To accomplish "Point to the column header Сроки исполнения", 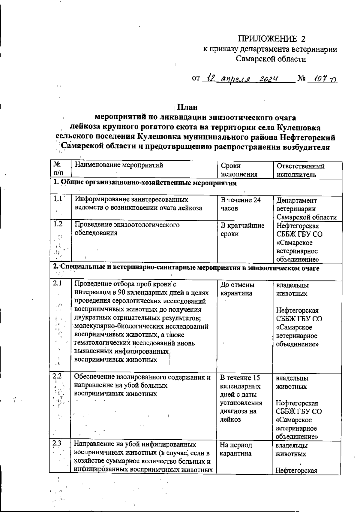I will coord(239,170).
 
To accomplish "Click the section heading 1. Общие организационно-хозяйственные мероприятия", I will coord(145,183).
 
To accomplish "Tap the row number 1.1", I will coord(57,198).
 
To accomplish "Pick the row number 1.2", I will coord(58,224).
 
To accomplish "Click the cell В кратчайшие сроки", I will coord(242,230).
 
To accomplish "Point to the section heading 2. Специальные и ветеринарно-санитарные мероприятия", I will coord(186,268).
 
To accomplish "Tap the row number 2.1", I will coord(57,283).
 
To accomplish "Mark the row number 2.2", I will coord(57,376).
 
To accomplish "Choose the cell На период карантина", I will coord(236,449).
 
